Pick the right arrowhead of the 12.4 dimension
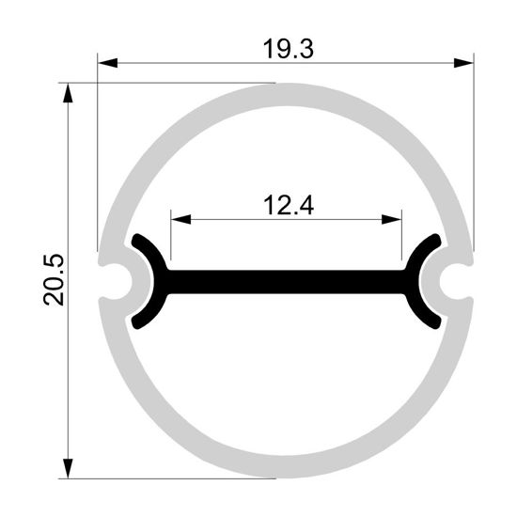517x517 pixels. coord(394,220)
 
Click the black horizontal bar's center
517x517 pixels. coord(287,280)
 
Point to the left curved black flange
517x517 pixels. coord(150,280)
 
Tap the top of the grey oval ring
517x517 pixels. coord(287,91)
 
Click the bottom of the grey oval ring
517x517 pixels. coord(287,468)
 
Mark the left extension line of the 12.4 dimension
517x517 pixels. coord(170,240)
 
